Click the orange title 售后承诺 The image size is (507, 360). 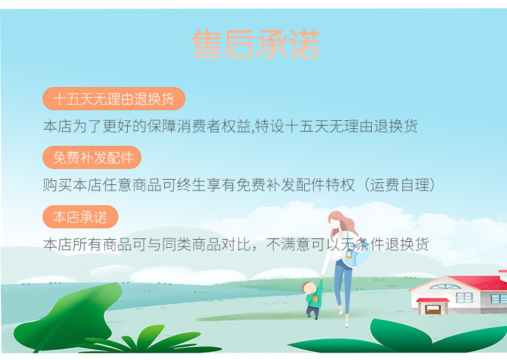coord(256,44)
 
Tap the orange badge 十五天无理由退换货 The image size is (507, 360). coord(114,99)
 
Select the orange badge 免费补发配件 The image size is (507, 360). coord(92,157)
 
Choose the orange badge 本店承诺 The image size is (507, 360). coord(80,217)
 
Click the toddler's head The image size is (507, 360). coord(309,287)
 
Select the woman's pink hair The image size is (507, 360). coord(343,223)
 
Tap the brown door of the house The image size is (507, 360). coord(433,309)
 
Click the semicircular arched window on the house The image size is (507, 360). coord(445,286)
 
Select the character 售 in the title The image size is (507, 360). coord(206,44)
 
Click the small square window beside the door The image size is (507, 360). coord(464,297)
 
